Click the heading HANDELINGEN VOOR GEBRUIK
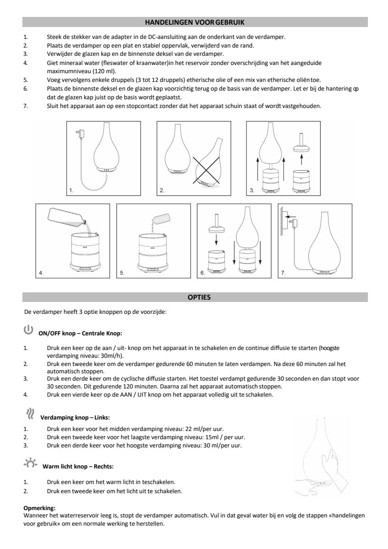coord(195,22)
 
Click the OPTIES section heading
coord(199,297)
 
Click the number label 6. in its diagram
coord(203,273)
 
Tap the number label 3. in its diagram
coord(252,189)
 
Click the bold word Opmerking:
coord(39,508)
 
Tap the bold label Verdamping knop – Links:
coord(75,418)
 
